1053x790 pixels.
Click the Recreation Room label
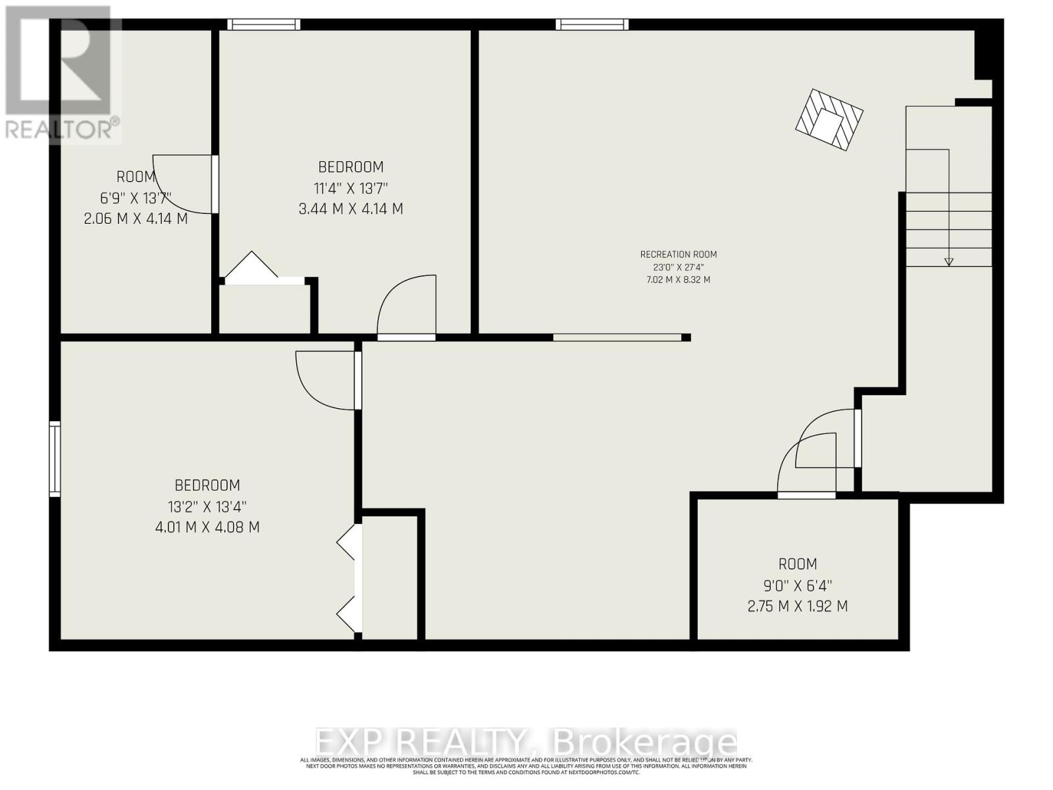679,254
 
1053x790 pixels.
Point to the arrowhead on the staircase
949,261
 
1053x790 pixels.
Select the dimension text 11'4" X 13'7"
351,188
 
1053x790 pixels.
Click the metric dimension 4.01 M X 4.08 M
207,527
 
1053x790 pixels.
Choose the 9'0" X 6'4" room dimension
798,585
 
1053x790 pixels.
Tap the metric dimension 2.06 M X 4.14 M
136,218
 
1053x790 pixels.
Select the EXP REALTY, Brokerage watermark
526,743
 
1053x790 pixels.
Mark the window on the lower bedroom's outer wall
55,459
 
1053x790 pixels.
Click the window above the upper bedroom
264,24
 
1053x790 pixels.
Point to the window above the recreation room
592,24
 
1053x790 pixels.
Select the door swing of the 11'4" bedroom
408,306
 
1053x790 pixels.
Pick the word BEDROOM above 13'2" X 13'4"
207,485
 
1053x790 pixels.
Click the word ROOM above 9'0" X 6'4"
798,564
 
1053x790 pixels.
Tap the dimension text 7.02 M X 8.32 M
679,280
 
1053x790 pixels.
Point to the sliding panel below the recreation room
617,338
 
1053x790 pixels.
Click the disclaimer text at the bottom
526,766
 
